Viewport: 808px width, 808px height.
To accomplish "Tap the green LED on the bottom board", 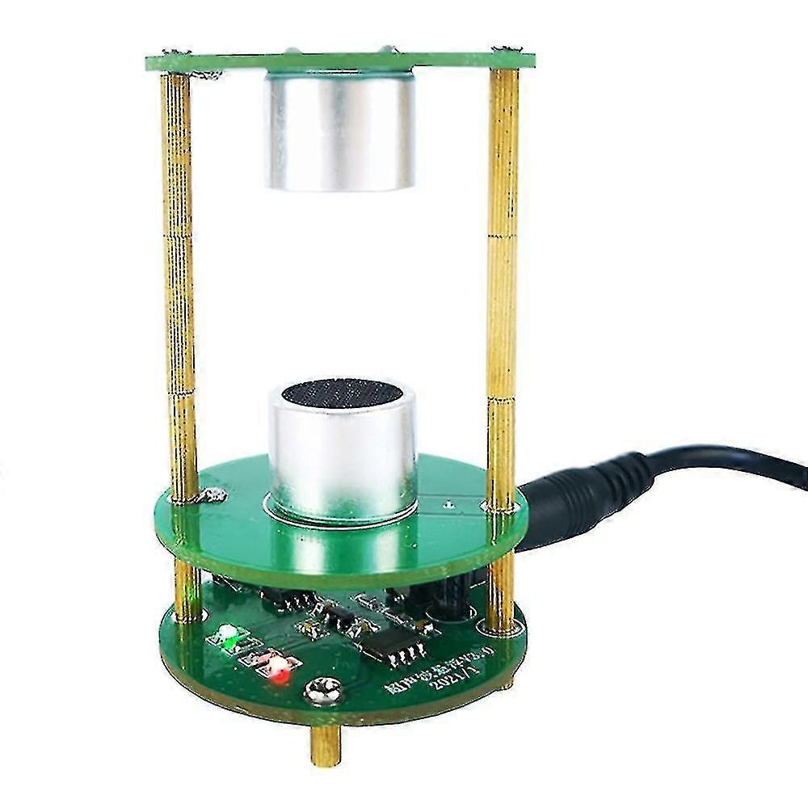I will tap(229, 635).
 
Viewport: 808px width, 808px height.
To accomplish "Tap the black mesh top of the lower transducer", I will tap(341, 393).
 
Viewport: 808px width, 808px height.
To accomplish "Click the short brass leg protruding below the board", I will tap(323, 744).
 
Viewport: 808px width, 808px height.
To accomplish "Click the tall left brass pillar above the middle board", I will tap(179, 283).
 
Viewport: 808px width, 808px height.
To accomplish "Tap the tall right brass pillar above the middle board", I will tap(503, 283).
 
